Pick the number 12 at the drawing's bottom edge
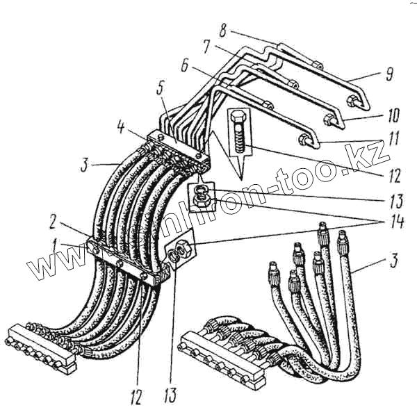click(136, 397)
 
